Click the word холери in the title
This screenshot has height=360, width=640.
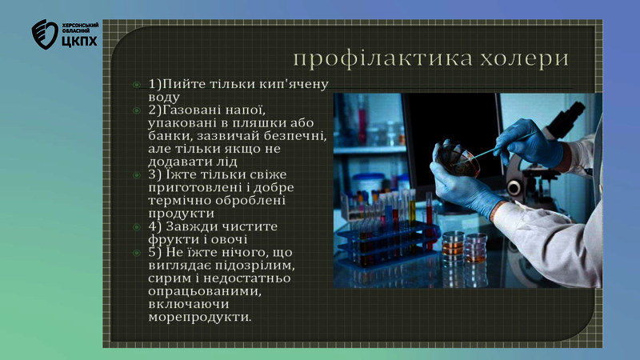tap(524, 58)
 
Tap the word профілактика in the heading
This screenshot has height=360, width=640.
tap(383, 58)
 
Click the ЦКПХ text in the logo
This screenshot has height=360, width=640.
tap(80, 41)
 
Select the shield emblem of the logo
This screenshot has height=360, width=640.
tap(45, 34)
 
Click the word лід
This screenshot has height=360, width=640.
tap(226, 162)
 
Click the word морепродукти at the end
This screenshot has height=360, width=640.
tap(200, 317)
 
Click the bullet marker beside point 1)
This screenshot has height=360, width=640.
tap(136, 85)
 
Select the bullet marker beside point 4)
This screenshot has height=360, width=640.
tap(136, 227)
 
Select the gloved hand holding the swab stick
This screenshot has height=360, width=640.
tap(531, 143)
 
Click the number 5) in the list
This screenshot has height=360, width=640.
tap(155, 253)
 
